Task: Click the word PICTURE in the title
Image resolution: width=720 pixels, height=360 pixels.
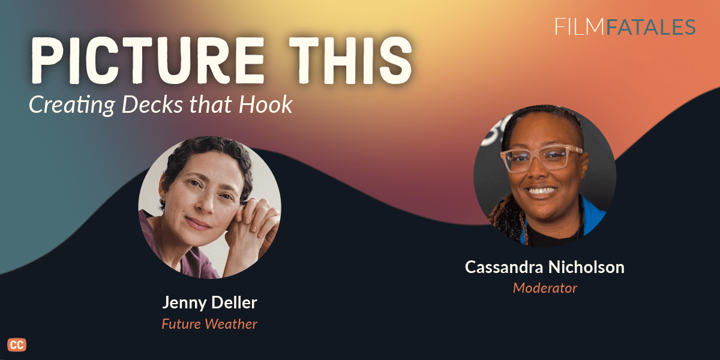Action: pyautogui.click(x=148, y=61)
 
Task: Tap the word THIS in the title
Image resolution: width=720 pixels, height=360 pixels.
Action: pyautogui.click(x=350, y=61)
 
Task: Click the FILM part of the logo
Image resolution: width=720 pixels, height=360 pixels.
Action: pyautogui.click(x=579, y=27)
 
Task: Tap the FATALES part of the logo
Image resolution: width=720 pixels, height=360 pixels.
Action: pyautogui.click(x=651, y=27)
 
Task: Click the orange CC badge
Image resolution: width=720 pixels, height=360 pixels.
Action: pyautogui.click(x=17, y=345)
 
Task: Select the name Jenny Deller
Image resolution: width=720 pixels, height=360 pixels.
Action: pyautogui.click(x=209, y=303)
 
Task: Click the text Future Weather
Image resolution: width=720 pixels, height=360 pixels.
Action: pyautogui.click(x=209, y=324)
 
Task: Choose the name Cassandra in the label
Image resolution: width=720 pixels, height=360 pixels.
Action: pyautogui.click(x=504, y=267)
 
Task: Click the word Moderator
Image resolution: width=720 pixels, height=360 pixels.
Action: pyautogui.click(x=545, y=288)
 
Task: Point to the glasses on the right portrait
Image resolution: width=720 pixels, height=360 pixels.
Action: pyautogui.click(x=542, y=158)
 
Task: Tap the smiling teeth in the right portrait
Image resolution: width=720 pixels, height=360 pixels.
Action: pyautogui.click(x=542, y=191)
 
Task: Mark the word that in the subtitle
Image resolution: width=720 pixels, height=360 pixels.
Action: pyautogui.click(x=211, y=104)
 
